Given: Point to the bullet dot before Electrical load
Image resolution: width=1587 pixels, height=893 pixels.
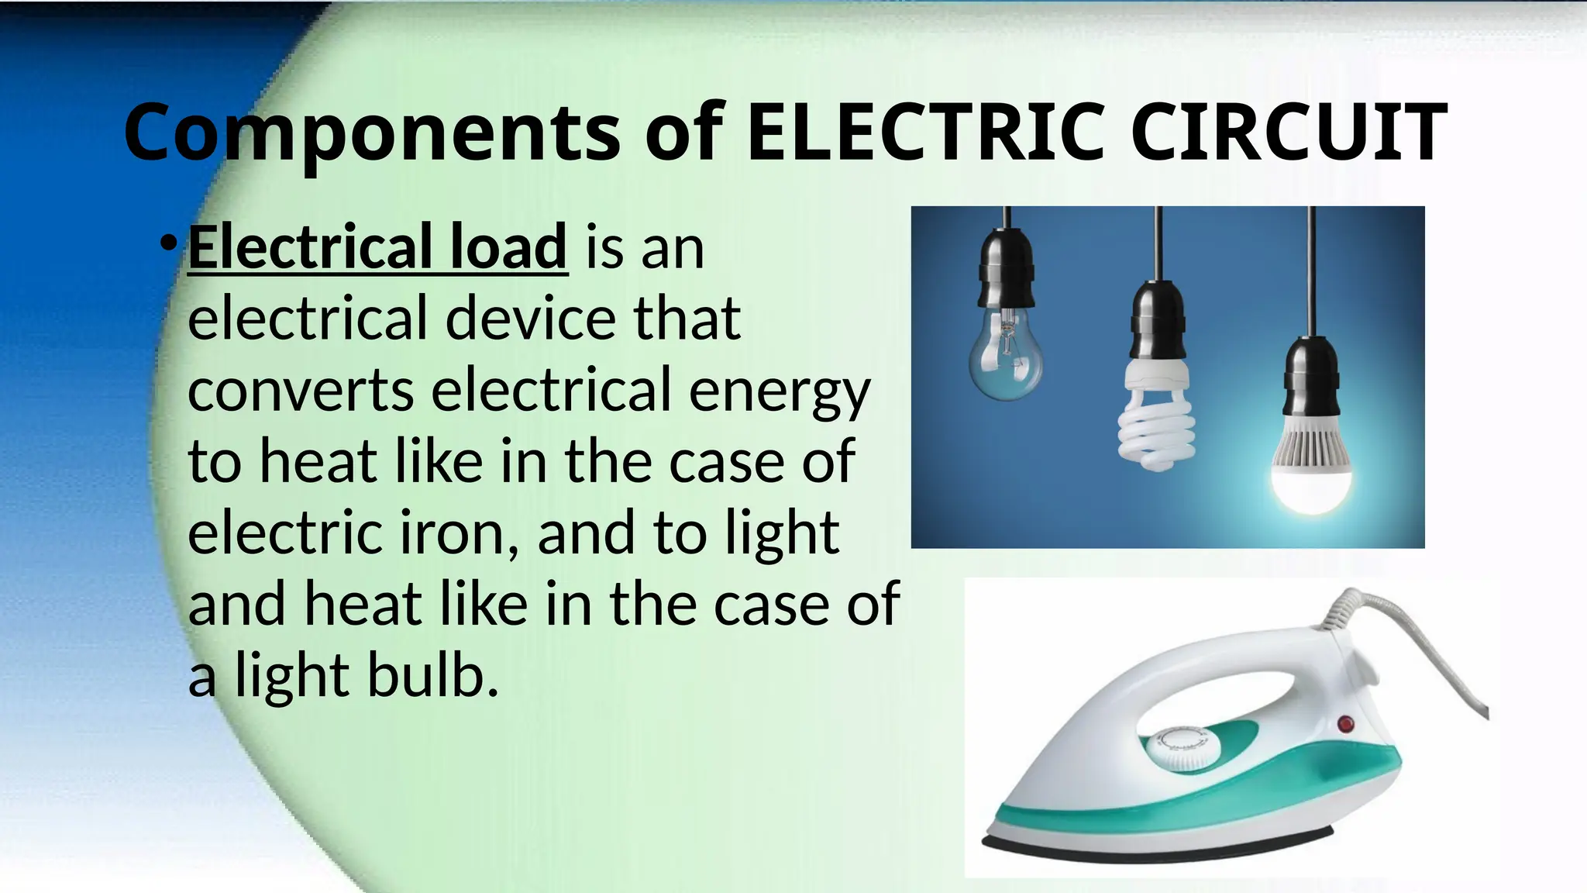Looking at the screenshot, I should [x=167, y=244].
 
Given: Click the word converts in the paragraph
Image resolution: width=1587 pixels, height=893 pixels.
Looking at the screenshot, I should [x=301, y=390].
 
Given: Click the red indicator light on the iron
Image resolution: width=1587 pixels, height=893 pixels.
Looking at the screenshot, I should [x=1345, y=724].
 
